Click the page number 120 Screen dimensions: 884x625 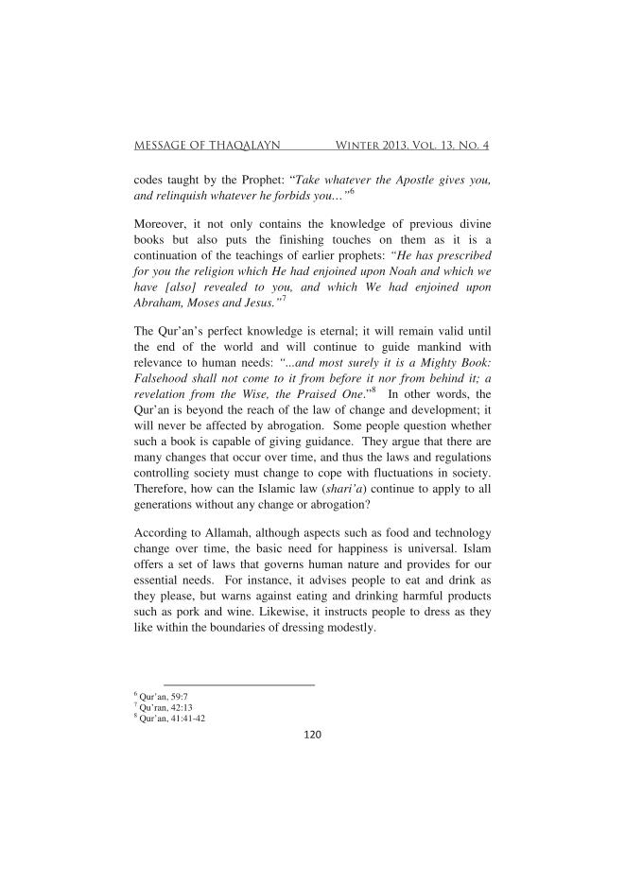pos(312,734)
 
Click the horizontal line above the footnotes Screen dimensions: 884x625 pos(239,685)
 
